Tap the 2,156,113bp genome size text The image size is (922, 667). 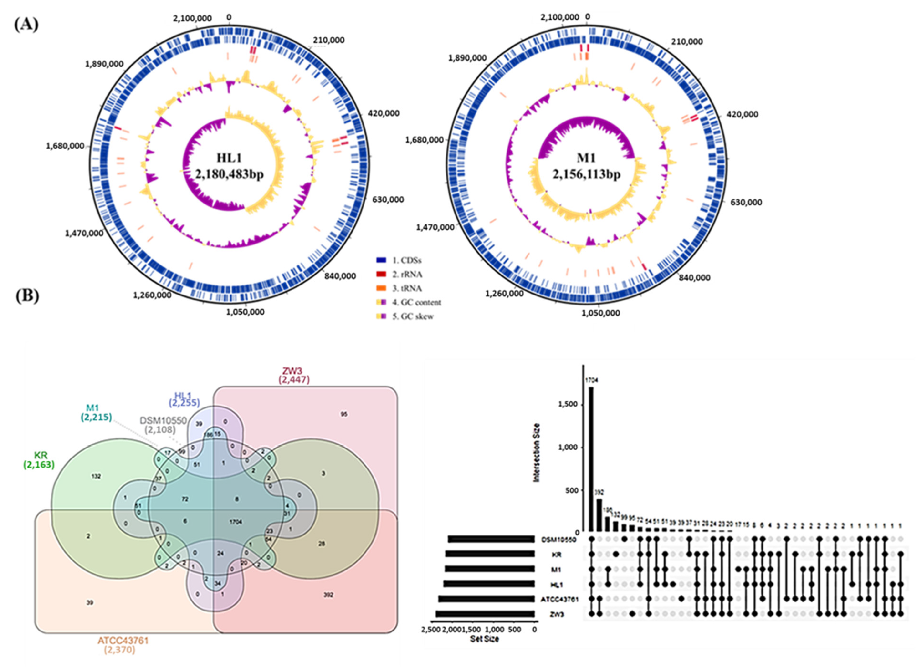(586, 174)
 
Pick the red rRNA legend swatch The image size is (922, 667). (381, 274)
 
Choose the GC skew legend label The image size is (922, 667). (413, 316)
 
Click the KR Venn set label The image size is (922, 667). (39, 456)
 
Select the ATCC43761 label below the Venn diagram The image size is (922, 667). (123, 641)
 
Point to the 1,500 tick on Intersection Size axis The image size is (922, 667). (567, 404)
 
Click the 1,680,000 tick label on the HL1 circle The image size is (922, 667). (65, 146)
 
